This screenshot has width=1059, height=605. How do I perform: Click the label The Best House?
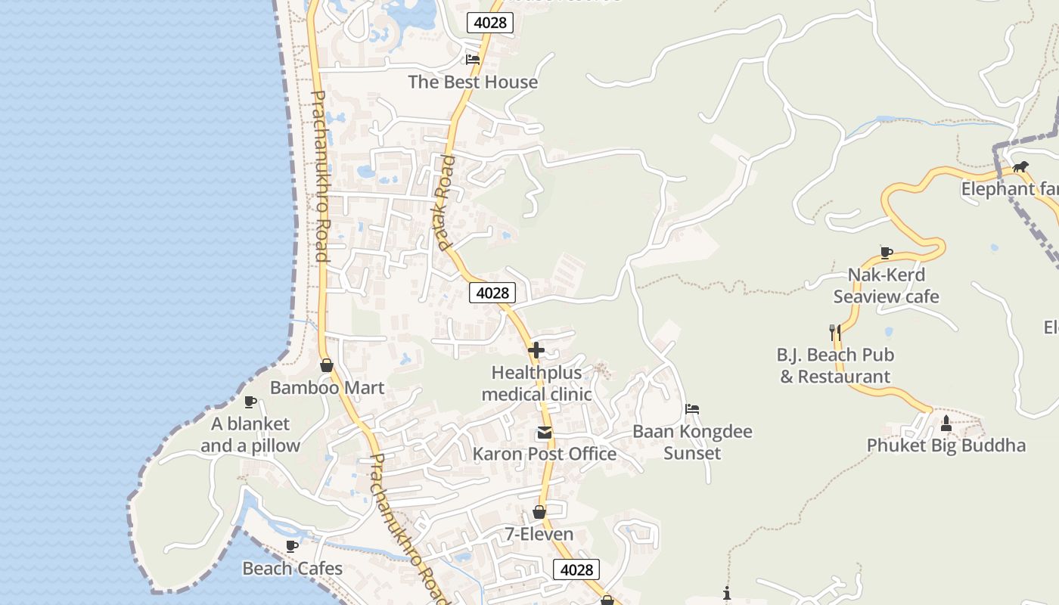(473, 82)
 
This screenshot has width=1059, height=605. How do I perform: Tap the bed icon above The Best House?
(473, 59)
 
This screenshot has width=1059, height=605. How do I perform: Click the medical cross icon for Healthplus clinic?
(536, 349)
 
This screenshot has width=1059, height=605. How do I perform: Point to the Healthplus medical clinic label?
(536, 383)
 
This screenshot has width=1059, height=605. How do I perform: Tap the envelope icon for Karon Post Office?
(544, 433)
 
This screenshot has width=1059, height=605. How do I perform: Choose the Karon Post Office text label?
(544, 454)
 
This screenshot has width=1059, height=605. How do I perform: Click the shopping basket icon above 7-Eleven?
(539, 513)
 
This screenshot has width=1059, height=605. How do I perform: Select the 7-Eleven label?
(539, 534)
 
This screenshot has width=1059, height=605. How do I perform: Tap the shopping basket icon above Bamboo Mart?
(327, 366)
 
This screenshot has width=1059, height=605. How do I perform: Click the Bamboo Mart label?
(327, 388)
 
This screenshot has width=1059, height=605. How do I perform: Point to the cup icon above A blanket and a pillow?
(250, 402)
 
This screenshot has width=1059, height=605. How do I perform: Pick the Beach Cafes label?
(292, 568)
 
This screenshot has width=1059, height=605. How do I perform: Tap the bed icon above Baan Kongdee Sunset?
(692, 409)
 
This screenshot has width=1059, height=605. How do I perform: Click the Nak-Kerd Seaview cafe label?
(886, 286)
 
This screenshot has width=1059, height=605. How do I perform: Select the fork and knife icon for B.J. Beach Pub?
(835, 331)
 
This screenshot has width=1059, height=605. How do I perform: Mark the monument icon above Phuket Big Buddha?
(946, 423)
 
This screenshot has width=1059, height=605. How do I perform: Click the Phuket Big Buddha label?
(946, 445)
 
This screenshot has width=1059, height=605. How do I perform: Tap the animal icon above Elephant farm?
(1020, 167)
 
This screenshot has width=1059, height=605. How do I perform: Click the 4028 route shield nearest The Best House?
(490, 23)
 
